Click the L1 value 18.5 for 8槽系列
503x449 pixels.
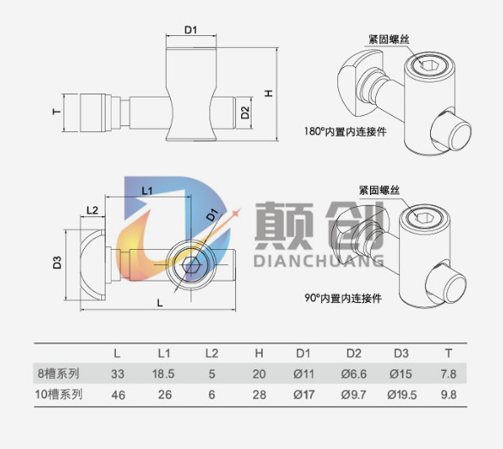(x=163, y=374)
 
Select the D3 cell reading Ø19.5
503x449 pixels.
(x=402, y=394)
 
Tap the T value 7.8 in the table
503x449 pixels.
(x=448, y=374)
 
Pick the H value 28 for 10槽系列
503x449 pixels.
(x=259, y=394)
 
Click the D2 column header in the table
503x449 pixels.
(x=354, y=354)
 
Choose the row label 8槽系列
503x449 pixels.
(x=58, y=373)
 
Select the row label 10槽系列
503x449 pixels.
(x=58, y=394)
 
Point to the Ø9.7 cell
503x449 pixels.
(x=355, y=394)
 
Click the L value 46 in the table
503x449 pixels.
(x=118, y=395)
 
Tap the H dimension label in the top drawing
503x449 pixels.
(x=269, y=94)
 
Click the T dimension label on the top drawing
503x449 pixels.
(x=57, y=112)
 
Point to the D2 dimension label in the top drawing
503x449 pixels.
(x=245, y=112)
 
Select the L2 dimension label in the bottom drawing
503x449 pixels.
(x=92, y=210)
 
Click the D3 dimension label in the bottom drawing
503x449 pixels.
(x=58, y=263)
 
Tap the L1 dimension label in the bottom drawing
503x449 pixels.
(x=148, y=191)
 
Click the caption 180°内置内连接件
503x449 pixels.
(x=346, y=131)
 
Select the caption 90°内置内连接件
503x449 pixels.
(x=343, y=298)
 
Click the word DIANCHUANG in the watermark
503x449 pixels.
(x=318, y=261)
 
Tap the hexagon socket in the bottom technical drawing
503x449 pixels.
(x=191, y=265)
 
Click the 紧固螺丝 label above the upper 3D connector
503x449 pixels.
(x=389, y=39)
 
